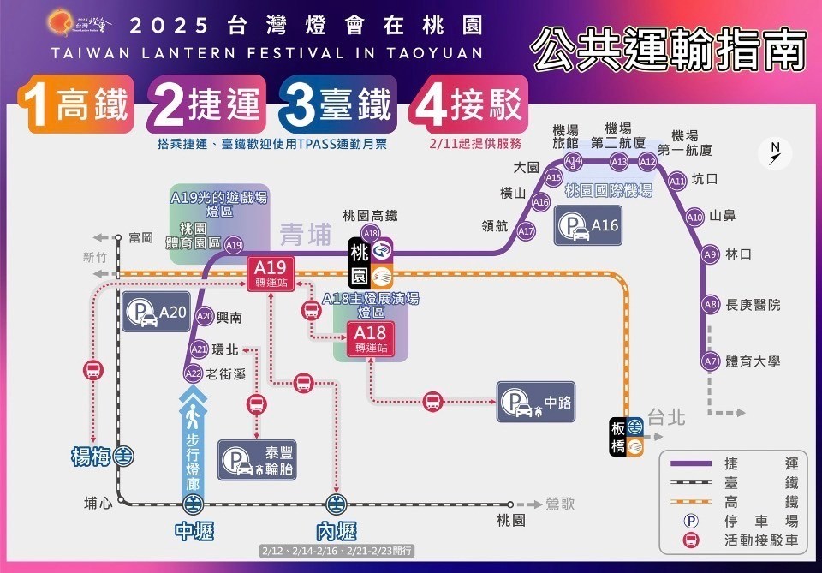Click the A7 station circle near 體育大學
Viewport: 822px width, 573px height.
point(709,361)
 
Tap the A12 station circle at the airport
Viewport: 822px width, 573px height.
point(647,162)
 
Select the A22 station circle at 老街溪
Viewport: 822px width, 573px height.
point(194,373)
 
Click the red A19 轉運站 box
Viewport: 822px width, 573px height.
point(271,271)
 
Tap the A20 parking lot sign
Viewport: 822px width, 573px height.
point(155,313)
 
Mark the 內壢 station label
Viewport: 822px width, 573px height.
point(335,531)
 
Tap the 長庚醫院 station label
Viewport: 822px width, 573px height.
point(753,305)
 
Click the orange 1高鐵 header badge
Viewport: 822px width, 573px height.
point(76,105)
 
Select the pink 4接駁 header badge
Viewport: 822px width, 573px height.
point(468,105)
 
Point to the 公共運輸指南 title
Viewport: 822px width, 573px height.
point(669,50)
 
